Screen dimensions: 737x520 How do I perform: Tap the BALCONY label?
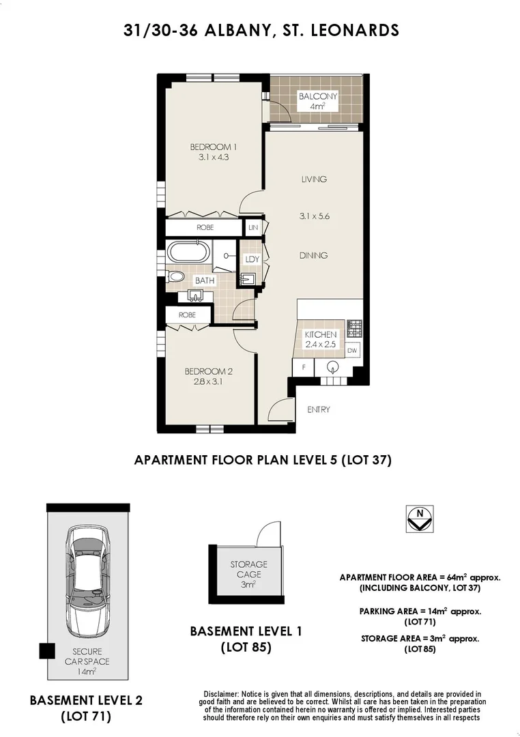[x=317, y=96]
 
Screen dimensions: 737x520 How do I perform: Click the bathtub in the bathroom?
[x=189, y=252]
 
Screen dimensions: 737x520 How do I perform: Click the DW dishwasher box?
[x=352, y=351]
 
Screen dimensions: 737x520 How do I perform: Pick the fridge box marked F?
[x=302, y=367]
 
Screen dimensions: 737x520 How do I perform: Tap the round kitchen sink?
[x=333, y=367]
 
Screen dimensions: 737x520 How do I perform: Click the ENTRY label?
[x=319, y=409]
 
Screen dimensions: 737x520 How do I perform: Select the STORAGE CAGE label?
[x=248, y=569]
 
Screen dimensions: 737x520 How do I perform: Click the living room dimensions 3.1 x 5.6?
[x=314, y=216]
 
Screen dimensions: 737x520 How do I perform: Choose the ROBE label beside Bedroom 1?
[x=205, y=227]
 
